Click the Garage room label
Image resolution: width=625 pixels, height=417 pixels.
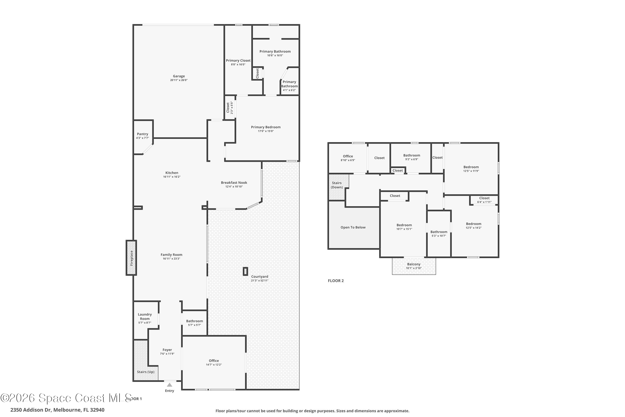pyautogui.click(x=179, y=76)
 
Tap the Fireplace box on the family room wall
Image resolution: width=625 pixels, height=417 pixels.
pyautogui.click(x=131, y=258)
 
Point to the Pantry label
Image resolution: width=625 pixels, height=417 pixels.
pyautogui.click(x=142, y=134)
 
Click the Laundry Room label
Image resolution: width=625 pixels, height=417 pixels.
pyautogui.click(x=145, y=317)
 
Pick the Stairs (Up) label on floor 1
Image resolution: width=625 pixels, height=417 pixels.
pyautogui.click(x=146, y=372)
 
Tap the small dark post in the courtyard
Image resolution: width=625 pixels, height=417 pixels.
pyautogui.click(x=245, y=271)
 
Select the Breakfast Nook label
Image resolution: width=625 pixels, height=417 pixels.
pyautogui.click(x=234, y=183)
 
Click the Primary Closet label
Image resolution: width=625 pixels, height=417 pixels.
pyautogui.click(x=238, y=61)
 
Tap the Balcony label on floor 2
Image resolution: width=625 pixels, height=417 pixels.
pyautogui.click(x=414, y=264)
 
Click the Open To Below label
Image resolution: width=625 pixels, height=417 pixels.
pyautogui.click(x=353, y=227)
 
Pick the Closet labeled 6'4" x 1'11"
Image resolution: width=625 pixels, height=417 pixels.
pyautogui.click(x=484, y=200)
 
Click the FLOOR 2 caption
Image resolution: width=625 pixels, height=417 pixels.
pyautogui.click(x=336, y=281)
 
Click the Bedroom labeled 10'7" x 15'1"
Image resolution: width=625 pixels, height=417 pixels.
pyautogui.click(x=404, y=227)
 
